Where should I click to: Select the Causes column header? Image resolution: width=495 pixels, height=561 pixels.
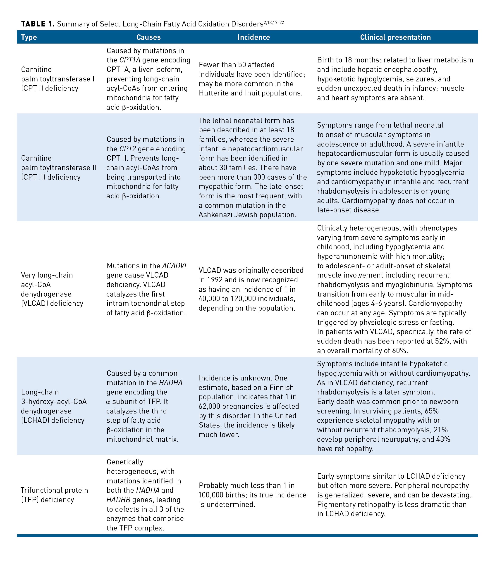point(148,37)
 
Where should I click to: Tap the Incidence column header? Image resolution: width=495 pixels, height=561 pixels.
point(253,37)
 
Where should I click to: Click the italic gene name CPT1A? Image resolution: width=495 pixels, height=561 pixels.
point(130,60)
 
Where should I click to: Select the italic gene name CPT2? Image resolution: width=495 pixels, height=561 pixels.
point(128,149)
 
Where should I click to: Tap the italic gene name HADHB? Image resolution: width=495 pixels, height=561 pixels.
point(118,500)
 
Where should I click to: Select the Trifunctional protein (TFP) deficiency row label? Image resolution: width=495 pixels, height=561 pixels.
point(54,495)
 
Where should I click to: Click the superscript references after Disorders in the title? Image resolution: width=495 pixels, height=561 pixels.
point(274,22)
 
